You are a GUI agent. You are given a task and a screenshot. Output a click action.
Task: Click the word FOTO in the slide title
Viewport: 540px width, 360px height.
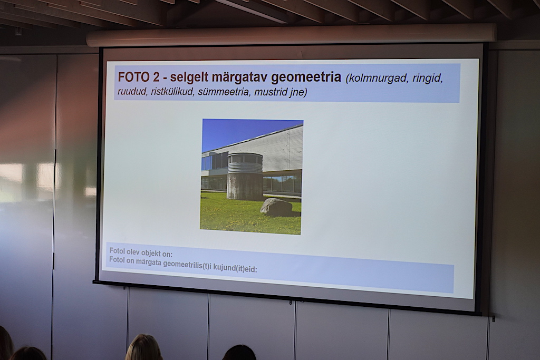pyautogui.click(x=134, y=76)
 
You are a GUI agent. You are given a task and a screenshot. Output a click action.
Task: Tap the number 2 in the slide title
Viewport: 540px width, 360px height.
pyautogui.click(x=157, y=77)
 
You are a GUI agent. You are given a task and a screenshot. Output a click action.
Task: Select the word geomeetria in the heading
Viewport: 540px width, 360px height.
pyautogui.click(x=306, y=77)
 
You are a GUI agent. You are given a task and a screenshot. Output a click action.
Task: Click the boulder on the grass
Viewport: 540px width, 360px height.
pyautogui.click(x=276, y=207)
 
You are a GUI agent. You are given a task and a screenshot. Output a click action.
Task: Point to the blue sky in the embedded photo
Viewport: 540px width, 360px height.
pyautogui.click(x=241, y=132)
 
